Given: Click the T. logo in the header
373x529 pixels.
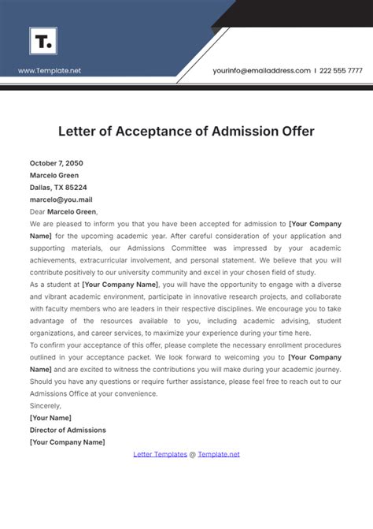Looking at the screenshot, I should coord(43,40).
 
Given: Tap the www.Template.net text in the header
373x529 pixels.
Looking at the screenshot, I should coord(50,71).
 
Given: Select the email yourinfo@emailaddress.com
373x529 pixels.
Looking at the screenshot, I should coord(261,70).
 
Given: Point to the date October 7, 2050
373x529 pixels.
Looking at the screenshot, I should coord(56,163).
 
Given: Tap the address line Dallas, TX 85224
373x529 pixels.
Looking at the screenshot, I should coord(58,188).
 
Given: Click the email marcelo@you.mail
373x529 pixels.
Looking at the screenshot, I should coord(61,199).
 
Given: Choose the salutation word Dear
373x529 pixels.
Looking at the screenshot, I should coord(37,211).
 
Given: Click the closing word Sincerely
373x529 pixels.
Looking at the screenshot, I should coord(46,405).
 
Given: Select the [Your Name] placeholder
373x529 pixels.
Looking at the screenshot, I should coord(50,418).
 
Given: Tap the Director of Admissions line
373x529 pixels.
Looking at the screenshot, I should coord(68,430).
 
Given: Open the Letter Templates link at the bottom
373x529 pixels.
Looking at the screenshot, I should coord(160,454).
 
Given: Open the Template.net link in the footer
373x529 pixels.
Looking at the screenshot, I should coord(218,454).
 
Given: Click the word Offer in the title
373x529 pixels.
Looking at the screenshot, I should coord(295,130).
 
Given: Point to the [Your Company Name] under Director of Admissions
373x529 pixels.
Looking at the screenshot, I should coord(67,442).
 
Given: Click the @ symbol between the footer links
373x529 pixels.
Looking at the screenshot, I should coord(192,454).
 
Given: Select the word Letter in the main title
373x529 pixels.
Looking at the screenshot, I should coord(76,130).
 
